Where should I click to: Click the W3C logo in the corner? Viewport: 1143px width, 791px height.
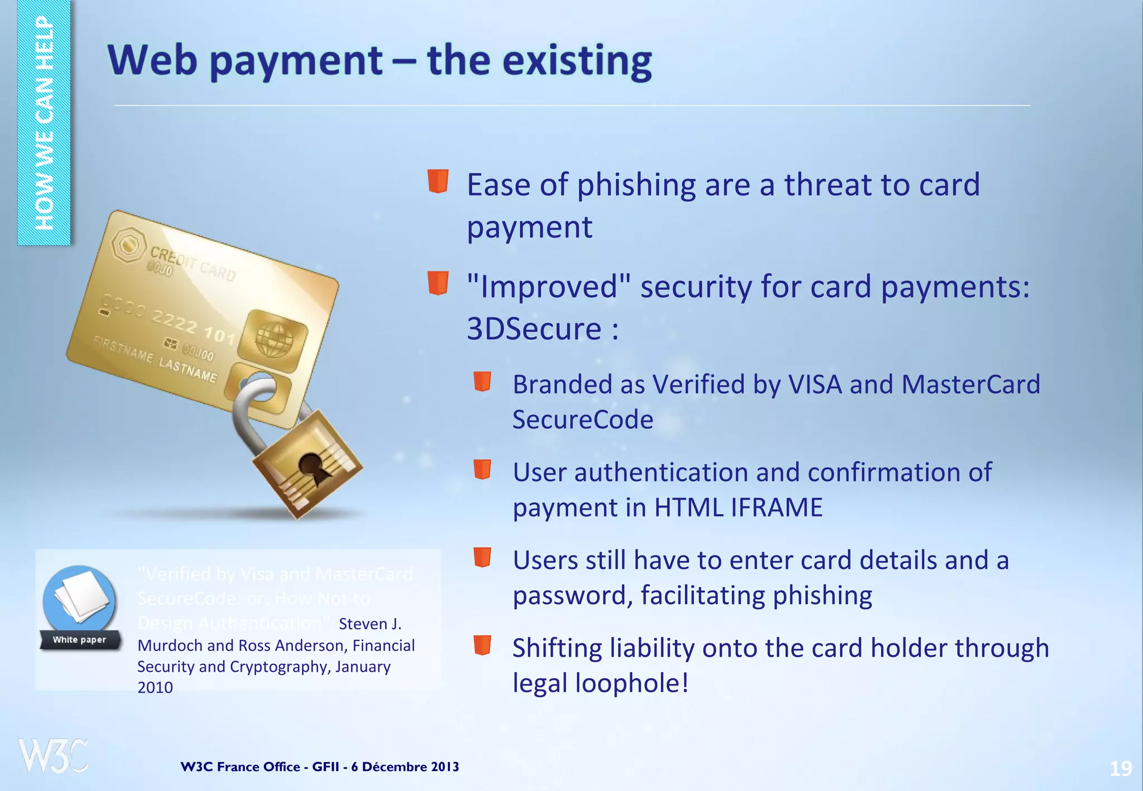click(x=53, y=756)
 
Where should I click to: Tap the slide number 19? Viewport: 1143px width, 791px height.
click(x=1120, y=769)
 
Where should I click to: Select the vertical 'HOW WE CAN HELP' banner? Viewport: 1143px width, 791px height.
click(x=44, y=123)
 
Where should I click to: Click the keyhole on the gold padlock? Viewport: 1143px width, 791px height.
click(x=310, y=466)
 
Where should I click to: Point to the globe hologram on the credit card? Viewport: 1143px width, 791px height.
click(x=273, y=340)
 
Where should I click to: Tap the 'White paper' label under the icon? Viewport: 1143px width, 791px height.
click(x=79, y=640)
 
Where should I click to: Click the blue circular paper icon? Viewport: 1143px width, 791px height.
click(x=79, y=600)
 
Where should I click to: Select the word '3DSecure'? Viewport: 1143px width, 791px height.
click(x=534, y=329)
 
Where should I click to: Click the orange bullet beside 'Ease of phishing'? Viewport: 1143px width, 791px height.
click(x=438, y=181)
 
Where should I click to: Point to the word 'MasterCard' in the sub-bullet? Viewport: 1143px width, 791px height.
click(x=971, y=384)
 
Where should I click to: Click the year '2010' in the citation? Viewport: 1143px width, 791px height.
click(x=155, y=688)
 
